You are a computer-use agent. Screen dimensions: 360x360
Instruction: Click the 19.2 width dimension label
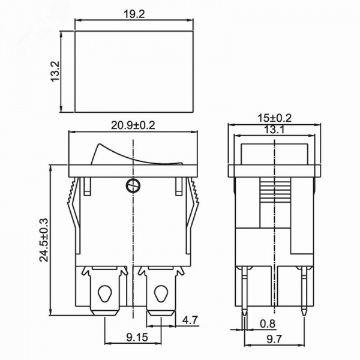click(x=134, y=14)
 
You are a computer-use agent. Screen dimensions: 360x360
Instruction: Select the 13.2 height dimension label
click(x=55, y=71)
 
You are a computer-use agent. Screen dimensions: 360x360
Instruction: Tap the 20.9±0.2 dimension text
click(x=133, y=125)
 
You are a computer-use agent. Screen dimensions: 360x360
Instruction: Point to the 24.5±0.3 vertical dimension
click(x=44, y=240)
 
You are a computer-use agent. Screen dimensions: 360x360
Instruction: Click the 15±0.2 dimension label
click(x=274, y=118)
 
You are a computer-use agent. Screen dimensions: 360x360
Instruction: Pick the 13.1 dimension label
click(x=274, y=130)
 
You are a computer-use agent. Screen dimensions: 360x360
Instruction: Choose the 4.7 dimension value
click(x=190, y=320)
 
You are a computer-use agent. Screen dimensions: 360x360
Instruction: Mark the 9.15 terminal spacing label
click(x=137, y=337)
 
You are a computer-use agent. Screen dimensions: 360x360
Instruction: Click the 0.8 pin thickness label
click(x=268, y=324)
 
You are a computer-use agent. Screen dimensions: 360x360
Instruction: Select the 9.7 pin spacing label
click(x=274, y=339)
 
